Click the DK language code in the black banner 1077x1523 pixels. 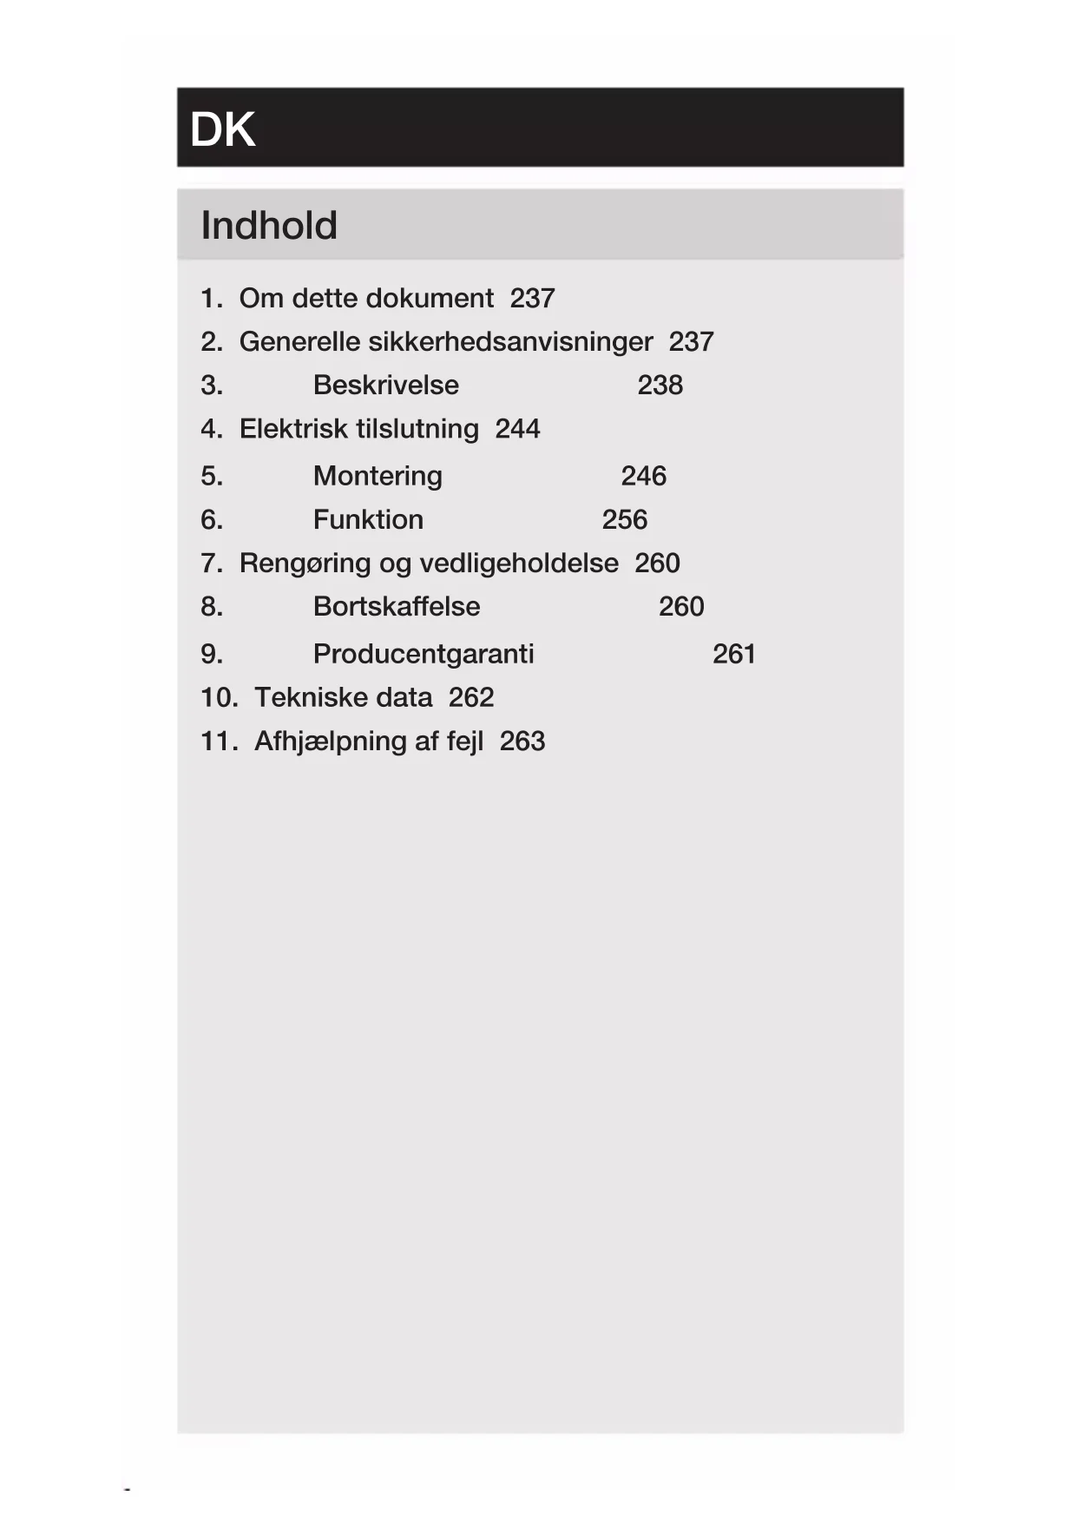[x=222, y=130]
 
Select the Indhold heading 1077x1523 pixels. [x=269, y=226]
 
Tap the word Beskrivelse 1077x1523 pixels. [x=386, y=385]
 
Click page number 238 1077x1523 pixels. [x=660, y=385]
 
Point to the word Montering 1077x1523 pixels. [x=378, y=476]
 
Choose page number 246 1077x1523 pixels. [x=643, y=476]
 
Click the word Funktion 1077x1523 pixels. [x=368, y=519]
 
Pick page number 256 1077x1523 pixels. [x=624, y=519]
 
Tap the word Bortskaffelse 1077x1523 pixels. [x=397, y=606]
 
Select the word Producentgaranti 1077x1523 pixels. [x=424, y=654]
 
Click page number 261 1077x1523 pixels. [x=733, y=654]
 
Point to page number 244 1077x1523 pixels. [x=517, y=429]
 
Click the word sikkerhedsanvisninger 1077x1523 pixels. [x=510, y=342]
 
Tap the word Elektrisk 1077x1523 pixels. [x=292, y=429]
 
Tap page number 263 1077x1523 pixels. [x=522, y=742]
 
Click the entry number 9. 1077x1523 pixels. [x=211, y=654]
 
